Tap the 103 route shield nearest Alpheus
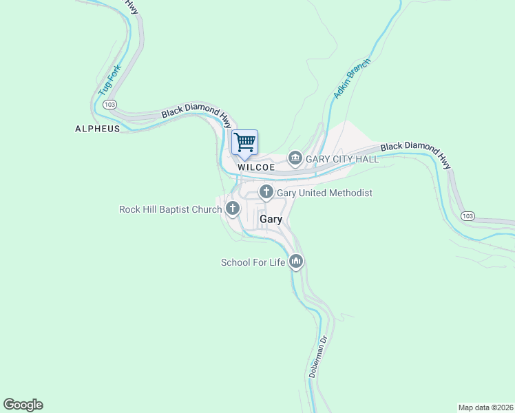109,104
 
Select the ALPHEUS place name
97,129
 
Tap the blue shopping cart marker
244,142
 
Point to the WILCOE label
256,167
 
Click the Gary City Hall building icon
295,158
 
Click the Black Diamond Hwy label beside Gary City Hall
416,156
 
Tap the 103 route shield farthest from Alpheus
467,216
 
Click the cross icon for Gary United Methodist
266,193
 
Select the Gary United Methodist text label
324,193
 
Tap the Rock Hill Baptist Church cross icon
233,208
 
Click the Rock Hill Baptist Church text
170,209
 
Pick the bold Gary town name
271,219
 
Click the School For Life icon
297,262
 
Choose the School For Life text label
253,262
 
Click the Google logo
23,405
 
